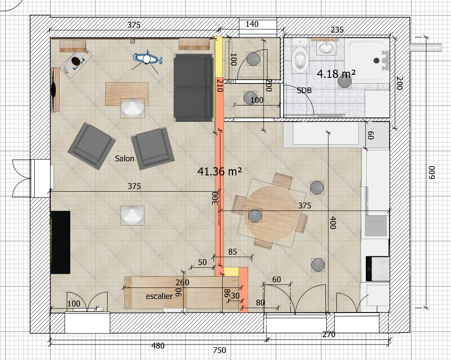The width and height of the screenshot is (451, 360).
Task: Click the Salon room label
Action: (125, 158)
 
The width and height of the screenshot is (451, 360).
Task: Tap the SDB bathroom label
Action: (304, 91)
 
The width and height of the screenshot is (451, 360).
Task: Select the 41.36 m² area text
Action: (220, 171)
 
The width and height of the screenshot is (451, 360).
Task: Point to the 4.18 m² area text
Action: (336, 74)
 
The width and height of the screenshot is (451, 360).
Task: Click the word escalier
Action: (159, 296)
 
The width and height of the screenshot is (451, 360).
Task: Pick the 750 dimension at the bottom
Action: (220, 350)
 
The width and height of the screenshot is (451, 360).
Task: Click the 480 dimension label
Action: (158, 345)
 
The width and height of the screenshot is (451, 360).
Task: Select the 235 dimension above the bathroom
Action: (337, 29)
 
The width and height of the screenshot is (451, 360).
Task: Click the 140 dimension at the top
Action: (252, 24)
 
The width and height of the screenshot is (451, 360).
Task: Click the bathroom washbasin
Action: (326, 47)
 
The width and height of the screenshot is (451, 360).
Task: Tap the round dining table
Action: (271, 213)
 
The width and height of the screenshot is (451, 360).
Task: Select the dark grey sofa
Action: (194, 87)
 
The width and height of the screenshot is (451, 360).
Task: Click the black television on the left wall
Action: (61, 242)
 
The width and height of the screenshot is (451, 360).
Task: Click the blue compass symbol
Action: (147, 58)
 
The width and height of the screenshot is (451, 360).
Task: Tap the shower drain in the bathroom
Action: (376, 61)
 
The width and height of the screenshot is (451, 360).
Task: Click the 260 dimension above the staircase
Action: (182, 283)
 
